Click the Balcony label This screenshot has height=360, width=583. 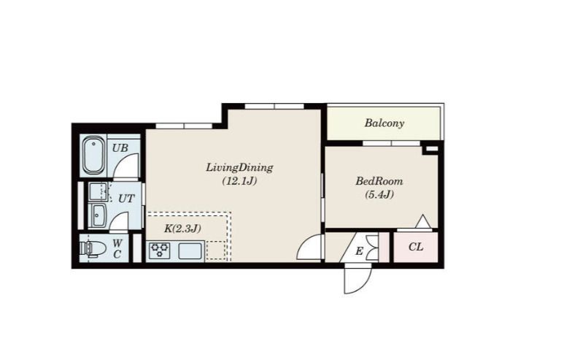tap(384, 123)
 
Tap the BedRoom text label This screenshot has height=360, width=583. tap(379, 181)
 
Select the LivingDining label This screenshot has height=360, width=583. tap(239, 168)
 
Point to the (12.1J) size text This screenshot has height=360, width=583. tap(240, 181)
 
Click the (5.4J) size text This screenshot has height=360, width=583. tap(379, 194)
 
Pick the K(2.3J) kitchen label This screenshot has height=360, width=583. tap(182, 229)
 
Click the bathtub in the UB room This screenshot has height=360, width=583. tap(93, 156)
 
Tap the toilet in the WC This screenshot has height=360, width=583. tap(91, 248)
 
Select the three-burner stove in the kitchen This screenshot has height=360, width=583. tap(160, 250)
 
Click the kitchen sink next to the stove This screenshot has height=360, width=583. tap(190, 251)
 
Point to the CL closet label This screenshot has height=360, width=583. tap(416, 247)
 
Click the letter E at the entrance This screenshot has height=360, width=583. tap(359, 251)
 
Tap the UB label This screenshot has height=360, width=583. tap(120, 148)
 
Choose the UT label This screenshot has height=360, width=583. tap(126, 199)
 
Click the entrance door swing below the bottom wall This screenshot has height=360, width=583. tap(358, 279)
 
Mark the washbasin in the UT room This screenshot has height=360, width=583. tap(99, 215)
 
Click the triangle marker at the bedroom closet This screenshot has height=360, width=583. tap(422, 221)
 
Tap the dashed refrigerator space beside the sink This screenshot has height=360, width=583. tap(216, 250)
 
